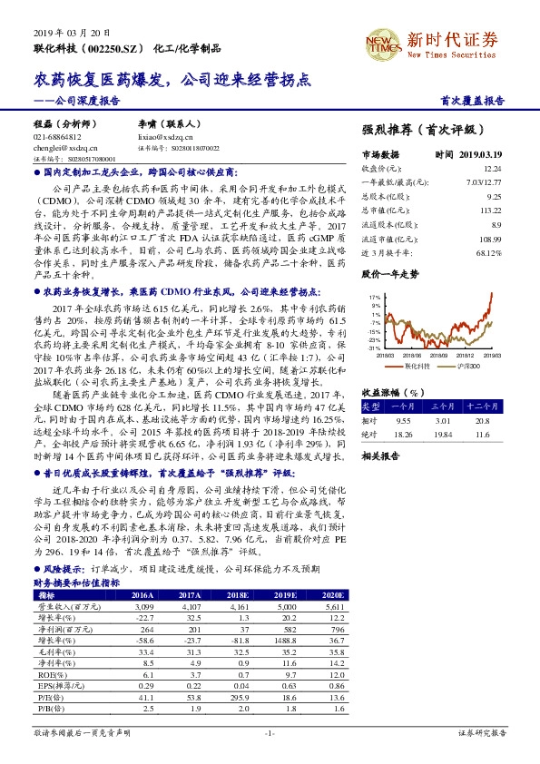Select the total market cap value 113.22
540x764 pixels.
point(490,210)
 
